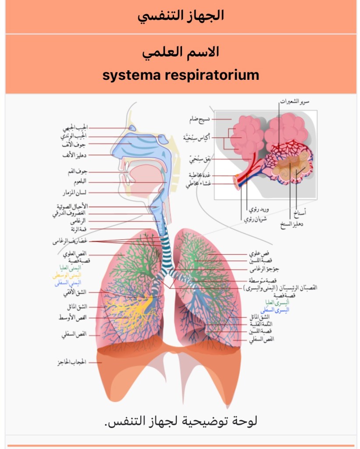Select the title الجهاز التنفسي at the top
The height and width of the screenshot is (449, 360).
181,16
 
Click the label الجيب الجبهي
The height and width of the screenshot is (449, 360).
75,128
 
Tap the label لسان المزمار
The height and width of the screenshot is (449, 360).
75,192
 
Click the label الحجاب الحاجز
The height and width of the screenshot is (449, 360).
71,363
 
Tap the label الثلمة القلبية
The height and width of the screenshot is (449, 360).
261,324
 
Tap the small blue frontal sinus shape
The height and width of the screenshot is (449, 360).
131,128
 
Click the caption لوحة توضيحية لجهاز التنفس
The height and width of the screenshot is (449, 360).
181,421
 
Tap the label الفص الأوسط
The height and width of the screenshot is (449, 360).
73,317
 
